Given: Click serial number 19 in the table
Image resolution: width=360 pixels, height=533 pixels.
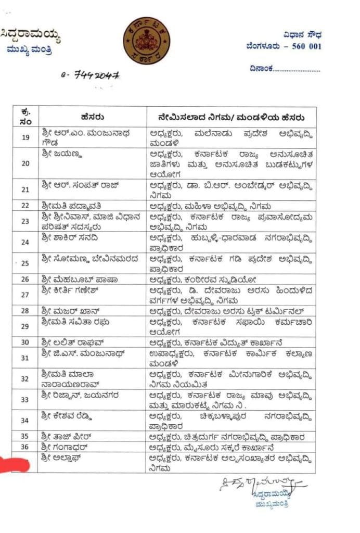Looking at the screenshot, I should [x=25, y=137].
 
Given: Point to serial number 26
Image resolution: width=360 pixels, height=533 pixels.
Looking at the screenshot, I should [x=25, y=280].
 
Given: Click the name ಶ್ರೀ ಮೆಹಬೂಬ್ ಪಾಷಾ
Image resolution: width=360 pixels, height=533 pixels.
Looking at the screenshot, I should [x=72, y=280].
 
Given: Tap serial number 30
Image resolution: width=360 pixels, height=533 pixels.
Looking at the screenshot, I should [x=25, y=342].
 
